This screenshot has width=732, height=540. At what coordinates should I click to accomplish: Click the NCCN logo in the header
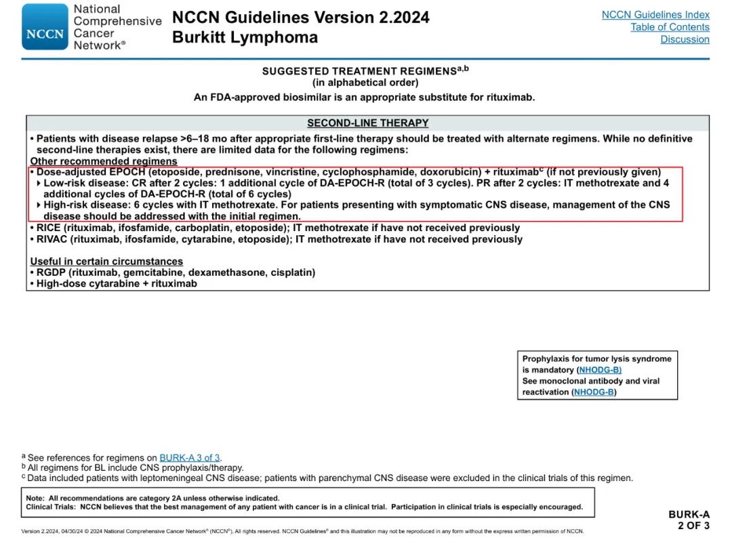point(45,27)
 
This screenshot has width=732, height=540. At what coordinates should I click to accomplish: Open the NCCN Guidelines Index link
point(655,14)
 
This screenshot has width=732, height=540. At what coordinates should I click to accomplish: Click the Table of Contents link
point(670,27)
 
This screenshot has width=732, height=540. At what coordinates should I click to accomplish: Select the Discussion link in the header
point(685,39)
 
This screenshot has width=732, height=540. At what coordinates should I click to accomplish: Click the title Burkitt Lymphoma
point(245,37)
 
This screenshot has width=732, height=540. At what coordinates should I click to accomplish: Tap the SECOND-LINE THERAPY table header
point(367,123)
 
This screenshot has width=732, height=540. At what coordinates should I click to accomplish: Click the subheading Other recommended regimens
point(104,161)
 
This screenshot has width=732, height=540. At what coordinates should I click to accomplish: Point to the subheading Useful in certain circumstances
point(106,262)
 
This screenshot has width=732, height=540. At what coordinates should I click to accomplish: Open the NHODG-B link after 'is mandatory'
point(599,370)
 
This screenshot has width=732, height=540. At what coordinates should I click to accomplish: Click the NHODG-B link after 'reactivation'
point(594,392)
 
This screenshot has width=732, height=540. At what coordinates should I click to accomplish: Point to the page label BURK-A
point(689,515)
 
